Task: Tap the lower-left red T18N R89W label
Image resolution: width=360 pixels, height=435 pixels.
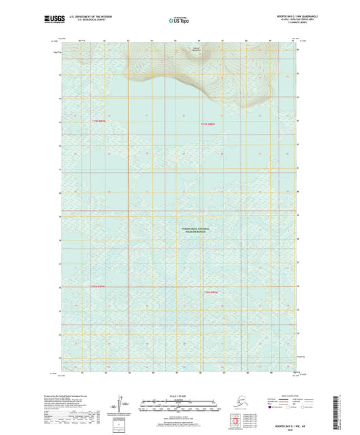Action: (98, 286)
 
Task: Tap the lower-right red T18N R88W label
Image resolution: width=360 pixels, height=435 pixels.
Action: (211, 292)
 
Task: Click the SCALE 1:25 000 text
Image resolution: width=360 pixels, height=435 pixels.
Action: (180, 396)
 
